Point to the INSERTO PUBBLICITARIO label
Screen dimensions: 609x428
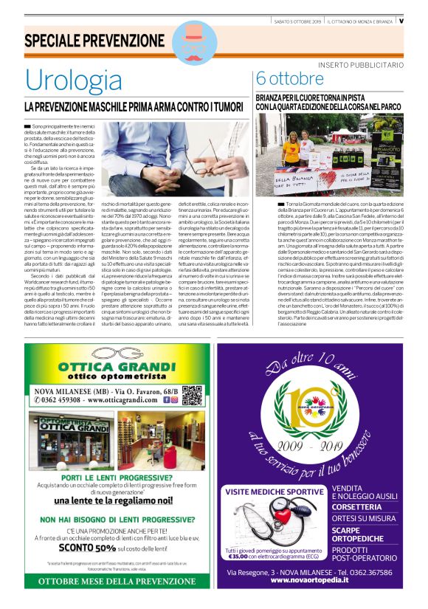pos(361,66)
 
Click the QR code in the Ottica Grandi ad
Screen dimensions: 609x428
pos(192,396)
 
